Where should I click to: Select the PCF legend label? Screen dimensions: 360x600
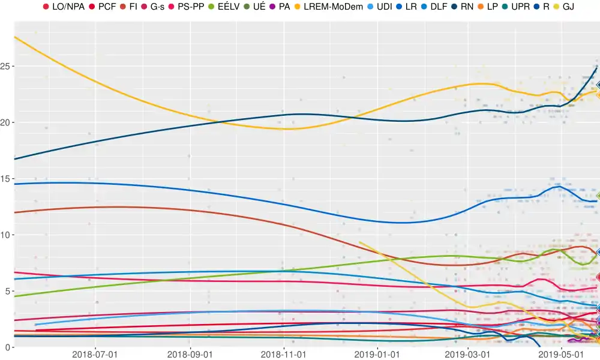point(107,7)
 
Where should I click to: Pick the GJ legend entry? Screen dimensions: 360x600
point(568,7)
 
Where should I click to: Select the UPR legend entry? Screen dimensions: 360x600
point(520,7)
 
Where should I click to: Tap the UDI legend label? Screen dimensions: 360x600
point(384,7)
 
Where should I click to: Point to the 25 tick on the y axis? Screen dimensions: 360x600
point(7,65)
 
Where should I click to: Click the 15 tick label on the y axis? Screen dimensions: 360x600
point(7,178)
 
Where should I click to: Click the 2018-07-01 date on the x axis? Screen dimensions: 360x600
point(95,355)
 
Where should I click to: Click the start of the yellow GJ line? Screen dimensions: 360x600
point(359,242)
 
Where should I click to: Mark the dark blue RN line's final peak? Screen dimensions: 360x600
point(597,68)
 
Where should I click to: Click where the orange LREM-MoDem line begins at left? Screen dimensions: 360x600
point(14,37)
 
